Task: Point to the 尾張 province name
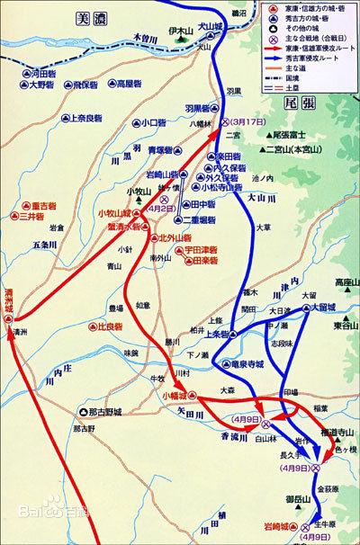pyautogui.click(x=319, y=103)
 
